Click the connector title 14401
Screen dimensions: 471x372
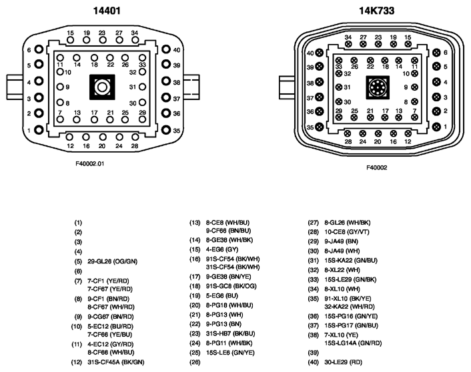pos(107,11)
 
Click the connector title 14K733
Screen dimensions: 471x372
pos(377,11)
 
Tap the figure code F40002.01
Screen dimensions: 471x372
pos(90,163)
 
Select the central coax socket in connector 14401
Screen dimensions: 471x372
pos(102,87)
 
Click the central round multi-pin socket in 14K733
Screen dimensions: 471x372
pos(378,87)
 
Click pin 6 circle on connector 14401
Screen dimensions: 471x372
pos(39,49)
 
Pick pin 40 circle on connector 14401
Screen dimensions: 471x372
pos(166,49)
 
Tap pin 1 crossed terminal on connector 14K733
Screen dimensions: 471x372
pos(437,127)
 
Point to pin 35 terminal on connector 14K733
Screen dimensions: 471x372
pos(320,127)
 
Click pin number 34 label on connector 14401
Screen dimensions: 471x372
pos(135,33)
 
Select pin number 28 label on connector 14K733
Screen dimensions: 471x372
pos(348,142)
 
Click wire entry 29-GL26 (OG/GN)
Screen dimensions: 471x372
pos(112,261)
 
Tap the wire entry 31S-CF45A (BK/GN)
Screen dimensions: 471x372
pos(115,362)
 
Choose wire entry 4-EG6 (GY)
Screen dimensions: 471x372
pos(221,249)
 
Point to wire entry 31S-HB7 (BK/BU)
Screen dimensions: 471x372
pos(230,333)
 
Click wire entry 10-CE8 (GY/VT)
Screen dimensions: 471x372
pos(347,232)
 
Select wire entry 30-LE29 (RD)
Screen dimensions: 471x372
pos(343,362)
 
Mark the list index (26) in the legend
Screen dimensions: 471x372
pos(195,362)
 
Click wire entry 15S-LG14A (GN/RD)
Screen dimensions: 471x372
pos(353,343)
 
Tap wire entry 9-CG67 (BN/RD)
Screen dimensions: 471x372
pos(111,317)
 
